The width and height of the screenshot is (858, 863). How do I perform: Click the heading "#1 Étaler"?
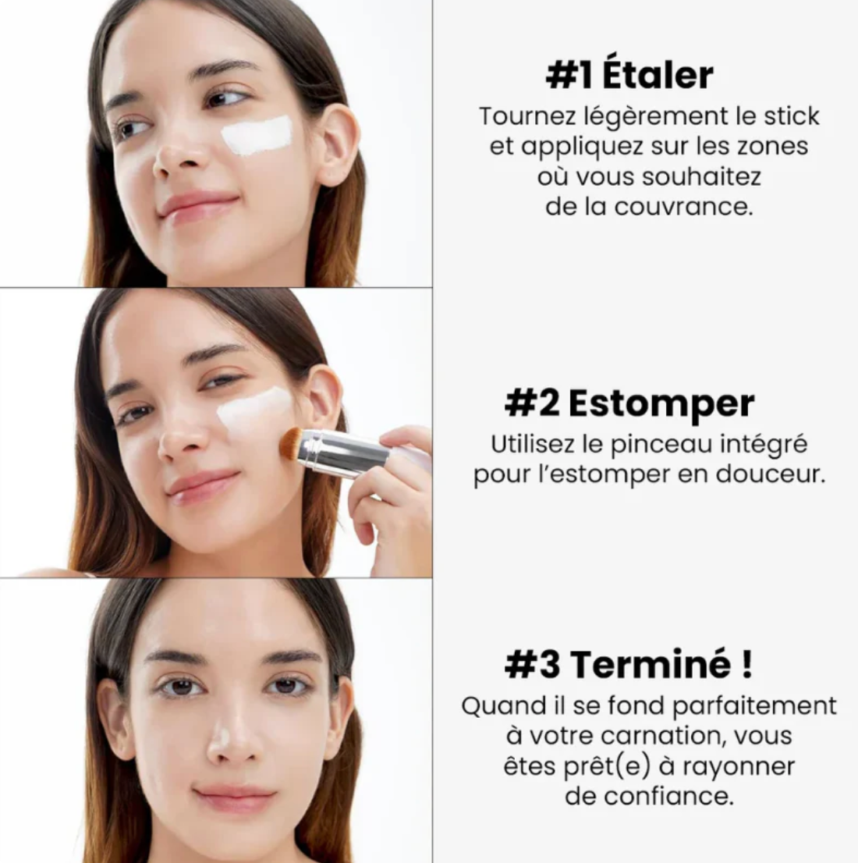coord(629,76)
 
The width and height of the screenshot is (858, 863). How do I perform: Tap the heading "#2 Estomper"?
coord(629,403)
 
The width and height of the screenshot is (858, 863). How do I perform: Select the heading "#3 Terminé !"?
coord(629,664)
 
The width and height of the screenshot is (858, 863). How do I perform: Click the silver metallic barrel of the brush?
coord(343,452)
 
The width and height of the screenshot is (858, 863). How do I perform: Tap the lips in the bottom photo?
coord(234,797)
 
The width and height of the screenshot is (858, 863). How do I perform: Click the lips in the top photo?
coord(198,205)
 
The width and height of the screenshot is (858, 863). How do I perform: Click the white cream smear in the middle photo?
coord(253,410)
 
